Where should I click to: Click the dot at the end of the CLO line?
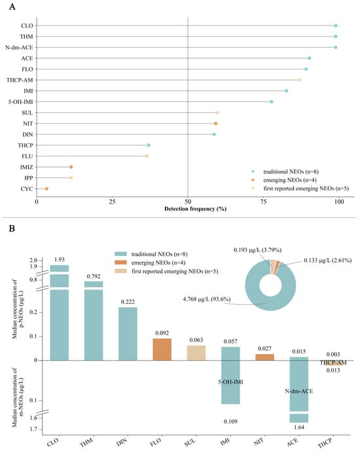coord(336,26)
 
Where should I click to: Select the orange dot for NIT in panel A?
coord(215,124)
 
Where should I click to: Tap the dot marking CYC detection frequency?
coord(46,189)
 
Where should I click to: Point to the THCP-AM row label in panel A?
coord(20,80)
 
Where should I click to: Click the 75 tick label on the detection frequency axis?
coord(263,202)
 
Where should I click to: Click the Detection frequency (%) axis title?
coord(195,209)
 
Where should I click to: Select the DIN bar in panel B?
coord(128,334)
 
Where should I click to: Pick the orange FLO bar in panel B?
coord(162,350)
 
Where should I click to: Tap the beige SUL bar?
coord(196,353)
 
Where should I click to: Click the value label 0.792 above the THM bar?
coord(94,276)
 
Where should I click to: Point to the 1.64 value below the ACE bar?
coord(299,427)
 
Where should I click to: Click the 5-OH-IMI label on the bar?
coord(230,382)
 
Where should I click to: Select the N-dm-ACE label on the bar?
coord(299,391)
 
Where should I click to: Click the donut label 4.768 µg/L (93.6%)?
coord(207,299)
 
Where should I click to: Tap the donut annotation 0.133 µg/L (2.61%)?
coord(328,261)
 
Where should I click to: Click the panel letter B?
coord(12,228)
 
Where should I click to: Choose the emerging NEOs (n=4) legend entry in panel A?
coord(290,180)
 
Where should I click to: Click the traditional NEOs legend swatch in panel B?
coord(121,254)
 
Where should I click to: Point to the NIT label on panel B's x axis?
coord(259,441)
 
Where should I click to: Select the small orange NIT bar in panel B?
coord(265,357)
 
